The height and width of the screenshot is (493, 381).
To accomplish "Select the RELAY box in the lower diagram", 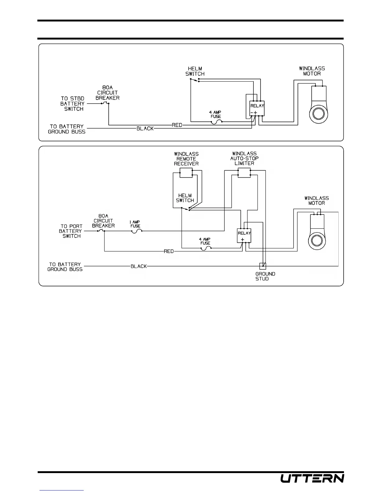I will tap(244, 235).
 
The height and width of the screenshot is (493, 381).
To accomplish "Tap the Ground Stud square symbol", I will tap(263, 266).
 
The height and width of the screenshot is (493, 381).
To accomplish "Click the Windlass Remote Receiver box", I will tap(186, 173).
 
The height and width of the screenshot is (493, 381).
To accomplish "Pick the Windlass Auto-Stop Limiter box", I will tap(244, 173).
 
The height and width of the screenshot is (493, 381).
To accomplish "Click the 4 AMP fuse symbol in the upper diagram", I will tap(216, 122).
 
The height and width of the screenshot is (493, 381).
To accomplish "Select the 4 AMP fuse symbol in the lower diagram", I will tap(206, 248).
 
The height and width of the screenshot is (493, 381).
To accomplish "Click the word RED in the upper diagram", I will tap(177, 125).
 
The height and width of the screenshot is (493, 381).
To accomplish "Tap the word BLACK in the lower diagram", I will tap(139, 266).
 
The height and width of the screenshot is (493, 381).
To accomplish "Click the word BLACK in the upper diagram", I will tap(145, 129).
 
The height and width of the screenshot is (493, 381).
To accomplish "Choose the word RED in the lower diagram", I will tap(169, 251).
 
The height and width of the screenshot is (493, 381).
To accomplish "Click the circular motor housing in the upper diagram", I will tap(319, 113).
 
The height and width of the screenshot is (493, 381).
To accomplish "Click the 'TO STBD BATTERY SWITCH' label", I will tap(73, 104).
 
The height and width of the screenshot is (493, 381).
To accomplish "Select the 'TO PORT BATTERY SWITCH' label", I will tap(71, 231).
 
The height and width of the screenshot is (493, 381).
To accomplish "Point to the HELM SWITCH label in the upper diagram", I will tap(195, 71).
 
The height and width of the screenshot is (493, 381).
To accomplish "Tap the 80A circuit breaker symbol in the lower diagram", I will tap(101, 231).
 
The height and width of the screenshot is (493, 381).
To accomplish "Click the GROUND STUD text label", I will tap(265, 276).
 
